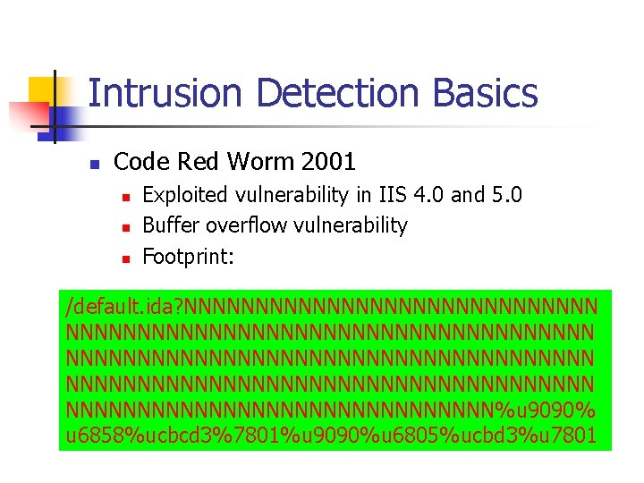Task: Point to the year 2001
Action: [x=328, y=162]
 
